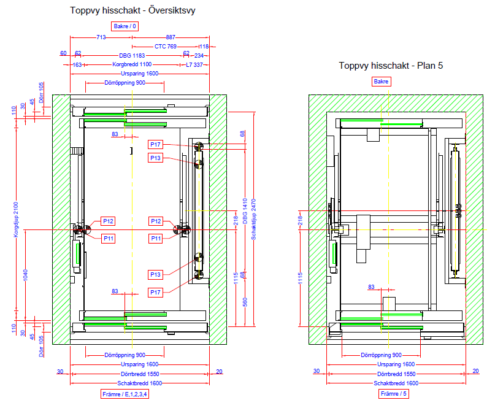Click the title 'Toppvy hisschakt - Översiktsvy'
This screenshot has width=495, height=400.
132,10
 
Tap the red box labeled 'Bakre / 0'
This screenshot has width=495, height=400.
126,26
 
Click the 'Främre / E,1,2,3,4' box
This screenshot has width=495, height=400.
125,394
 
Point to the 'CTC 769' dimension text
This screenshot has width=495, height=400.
166,47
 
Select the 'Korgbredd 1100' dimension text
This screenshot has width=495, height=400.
132,64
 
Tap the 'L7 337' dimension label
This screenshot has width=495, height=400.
197,64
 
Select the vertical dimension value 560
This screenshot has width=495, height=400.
244,301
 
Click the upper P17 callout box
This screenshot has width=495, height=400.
156,144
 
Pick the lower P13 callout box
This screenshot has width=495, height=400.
156,274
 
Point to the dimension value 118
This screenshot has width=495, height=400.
204,47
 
